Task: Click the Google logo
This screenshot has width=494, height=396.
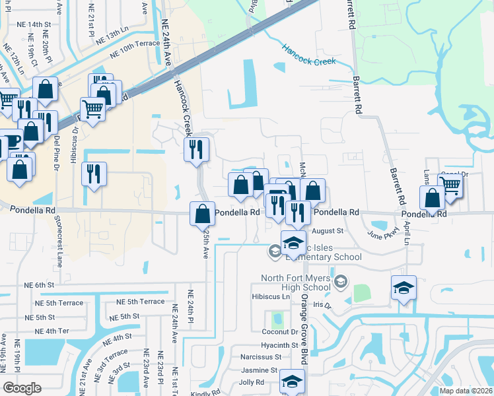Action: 22,388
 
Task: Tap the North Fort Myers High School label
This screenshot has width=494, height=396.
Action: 295,282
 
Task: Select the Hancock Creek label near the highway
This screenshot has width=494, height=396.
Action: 309,55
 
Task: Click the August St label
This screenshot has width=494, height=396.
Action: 328,231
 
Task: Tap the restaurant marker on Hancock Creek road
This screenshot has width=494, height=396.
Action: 196,149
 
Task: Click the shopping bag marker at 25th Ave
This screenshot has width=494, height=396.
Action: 202,214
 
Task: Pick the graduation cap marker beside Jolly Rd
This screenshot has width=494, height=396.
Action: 292,382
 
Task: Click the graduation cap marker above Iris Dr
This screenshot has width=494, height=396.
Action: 404,287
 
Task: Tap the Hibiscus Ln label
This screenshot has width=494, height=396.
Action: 271,297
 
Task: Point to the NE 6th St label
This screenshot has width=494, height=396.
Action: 37,285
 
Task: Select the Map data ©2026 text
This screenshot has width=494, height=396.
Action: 466,391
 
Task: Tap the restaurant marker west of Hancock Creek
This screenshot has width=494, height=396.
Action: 94,174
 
